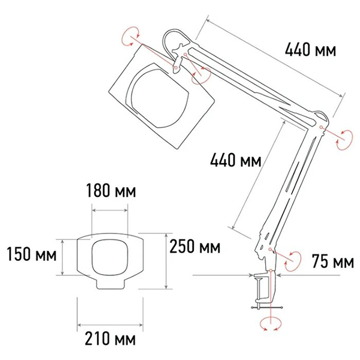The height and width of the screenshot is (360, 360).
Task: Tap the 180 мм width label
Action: point(110,192)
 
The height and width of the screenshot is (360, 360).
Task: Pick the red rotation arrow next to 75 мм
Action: point(293,259)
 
